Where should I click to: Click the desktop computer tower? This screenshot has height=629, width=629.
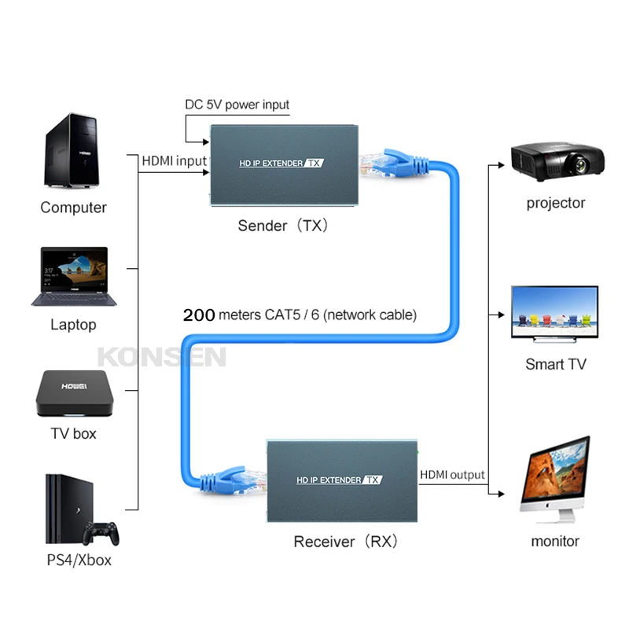(72, 149)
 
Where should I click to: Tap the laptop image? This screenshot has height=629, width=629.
(73, 276)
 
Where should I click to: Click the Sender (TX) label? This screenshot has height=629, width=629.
(284, 226)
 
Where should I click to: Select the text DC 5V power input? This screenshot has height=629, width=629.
(237, 105)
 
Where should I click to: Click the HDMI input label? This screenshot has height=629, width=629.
(173, 161)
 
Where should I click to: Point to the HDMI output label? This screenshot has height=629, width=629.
(452, 475)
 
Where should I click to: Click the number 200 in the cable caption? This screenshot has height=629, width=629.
(199, 315)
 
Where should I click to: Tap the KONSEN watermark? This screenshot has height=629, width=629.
(161, 358)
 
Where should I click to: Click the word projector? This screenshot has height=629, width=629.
(556, 203)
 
